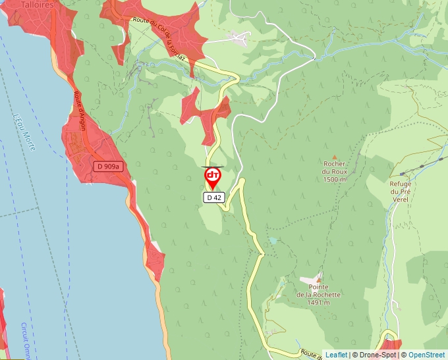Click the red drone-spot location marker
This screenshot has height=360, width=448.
(x=213, y=177)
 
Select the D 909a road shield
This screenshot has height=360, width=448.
(x=107, y=167)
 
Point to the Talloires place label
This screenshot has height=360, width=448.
(x=24, y=3)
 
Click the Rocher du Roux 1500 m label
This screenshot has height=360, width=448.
(x=335, y=171)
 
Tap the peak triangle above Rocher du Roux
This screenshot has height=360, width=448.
(x=334, y=156)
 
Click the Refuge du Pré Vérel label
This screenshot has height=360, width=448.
(x=401, y=192)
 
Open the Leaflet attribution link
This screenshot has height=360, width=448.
(x=336, y=355)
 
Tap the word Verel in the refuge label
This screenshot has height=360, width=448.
(x=401, y=199)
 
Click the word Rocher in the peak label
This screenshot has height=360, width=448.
(x=335, y=164)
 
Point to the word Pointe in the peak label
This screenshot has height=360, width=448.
(x=318, y=287)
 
